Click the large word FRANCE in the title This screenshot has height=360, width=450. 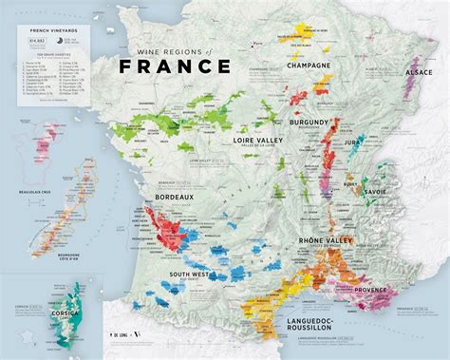175,66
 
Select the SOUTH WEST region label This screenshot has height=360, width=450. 190,275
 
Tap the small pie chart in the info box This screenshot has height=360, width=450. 63,42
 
